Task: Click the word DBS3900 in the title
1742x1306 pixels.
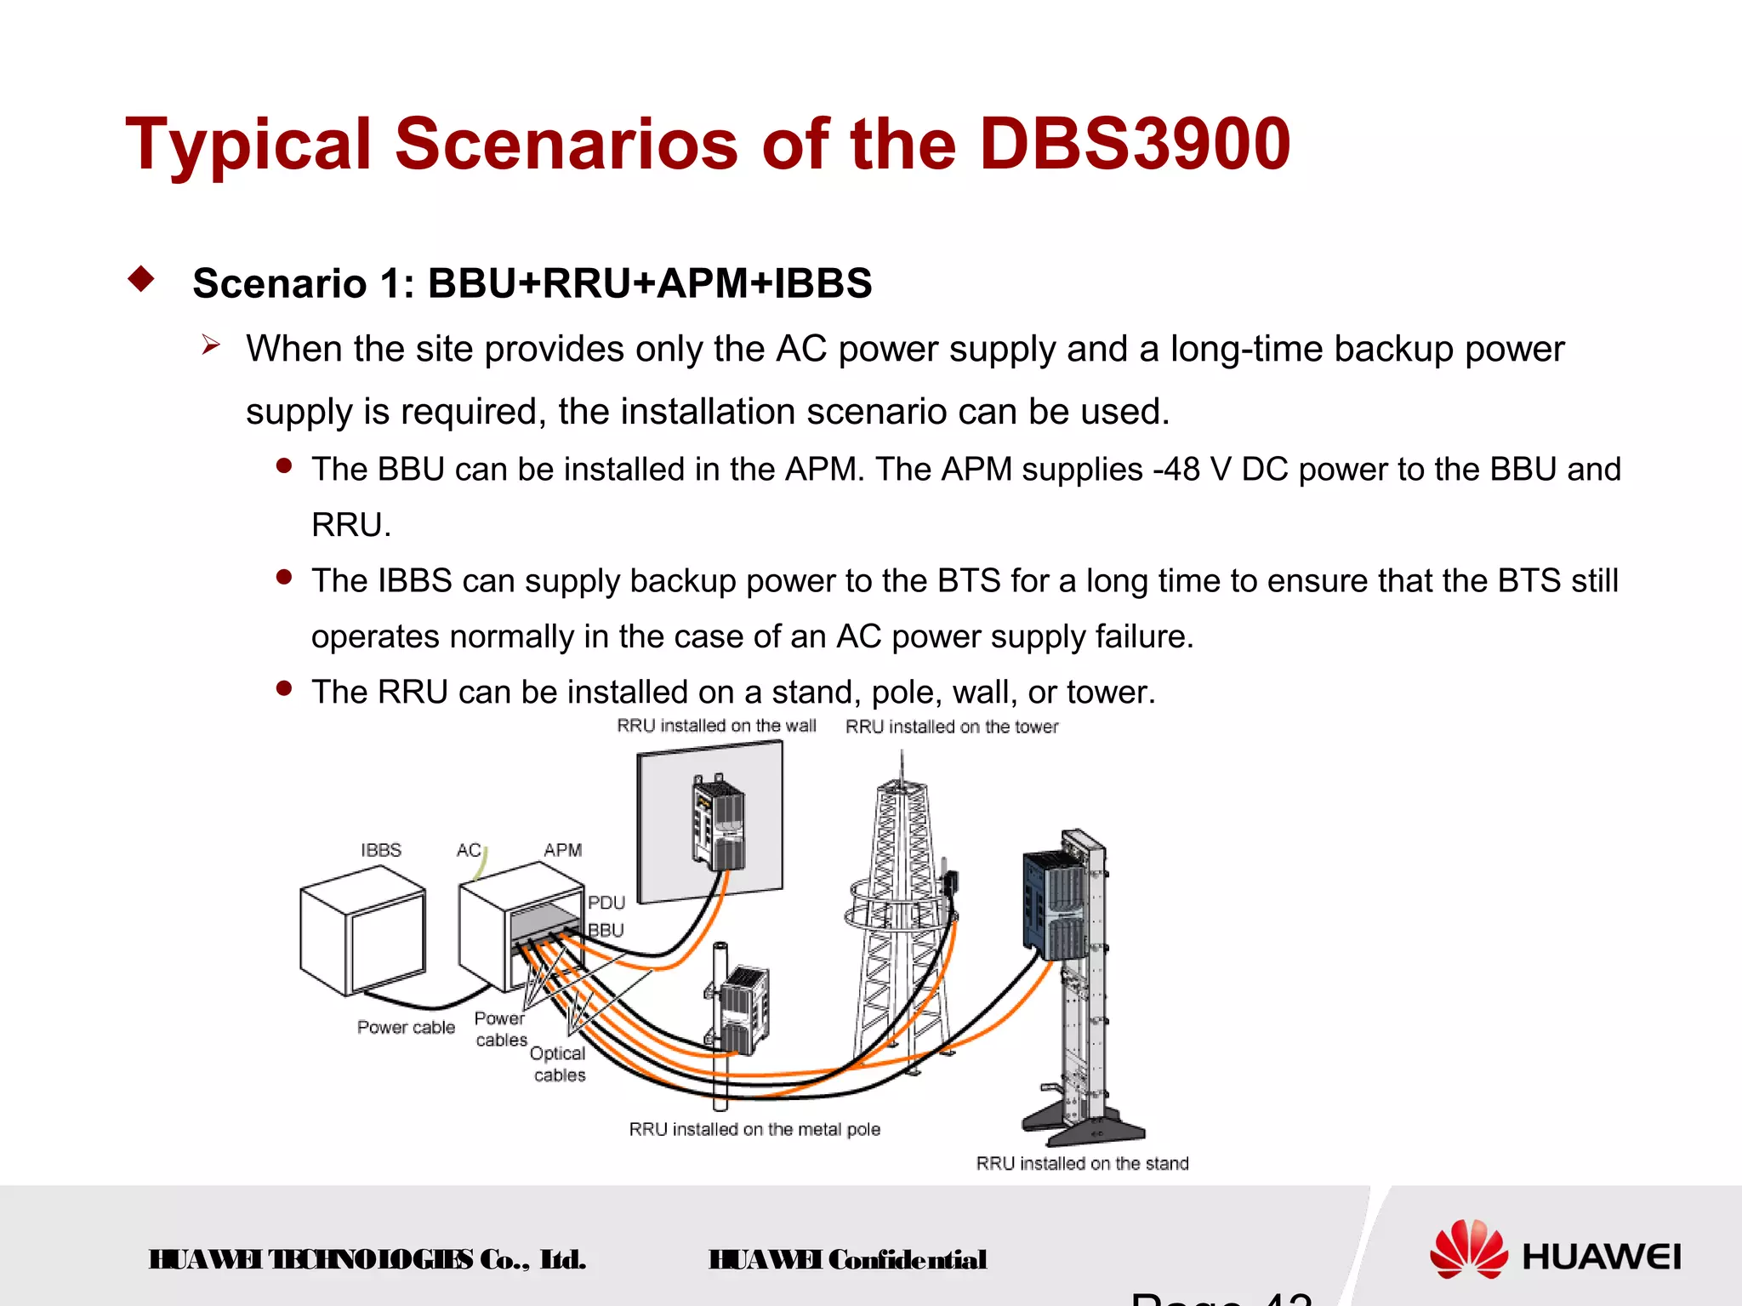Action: pyautogui.click(x=1135, y=145)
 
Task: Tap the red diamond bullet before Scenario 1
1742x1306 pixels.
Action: pyautogui.click(x=141, y=279)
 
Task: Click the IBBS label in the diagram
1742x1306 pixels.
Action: pyautogui.click(x=380, y=850)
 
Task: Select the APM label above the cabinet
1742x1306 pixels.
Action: pyautogui.click(x=562, y=850)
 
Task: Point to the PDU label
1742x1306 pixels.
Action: pyautogui.click(x=606, y=903)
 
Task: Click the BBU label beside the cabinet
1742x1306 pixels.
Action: pyautogui.click(x=606, y=930)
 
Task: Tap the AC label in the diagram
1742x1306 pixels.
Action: pyautogui.click(x=468, y=850)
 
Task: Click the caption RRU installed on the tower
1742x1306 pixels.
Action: pyautogui.click(x=951, y=727)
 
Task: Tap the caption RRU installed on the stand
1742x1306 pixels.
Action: pyautogui.click(x=1081, y=1163)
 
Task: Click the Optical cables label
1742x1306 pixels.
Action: pyautogui.click(x=558, y=1064)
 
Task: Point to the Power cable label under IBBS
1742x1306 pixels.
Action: pyautogui.click(x=406, y=1027)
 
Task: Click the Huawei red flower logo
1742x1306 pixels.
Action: pyautogui.click(x=1467, y=1249)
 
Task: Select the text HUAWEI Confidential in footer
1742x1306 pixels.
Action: pyautogui.click(x=847, y=1259)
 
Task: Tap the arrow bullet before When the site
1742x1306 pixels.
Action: pyautogui.click(x=211, y=345)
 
